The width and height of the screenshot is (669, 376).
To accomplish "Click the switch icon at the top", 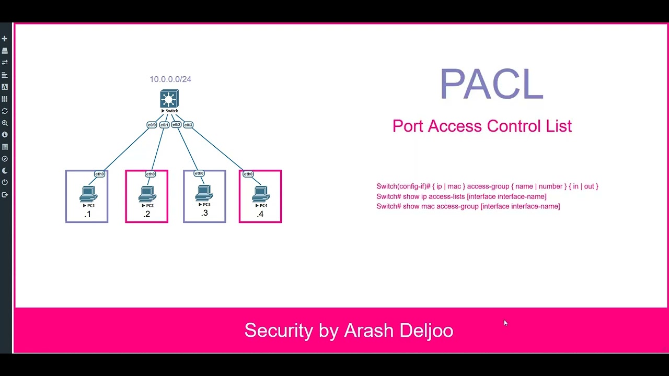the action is pos(169,99).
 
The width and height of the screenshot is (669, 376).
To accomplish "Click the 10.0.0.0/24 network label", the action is pos(170,79).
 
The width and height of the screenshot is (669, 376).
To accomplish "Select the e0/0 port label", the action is pos(152,125).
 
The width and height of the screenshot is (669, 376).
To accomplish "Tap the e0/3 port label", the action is pos(188,125).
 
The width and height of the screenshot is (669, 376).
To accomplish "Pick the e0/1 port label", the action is pos(164,125).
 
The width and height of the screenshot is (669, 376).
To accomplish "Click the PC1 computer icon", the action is pos(88,195).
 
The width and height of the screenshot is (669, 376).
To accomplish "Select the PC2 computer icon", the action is pos(147,195).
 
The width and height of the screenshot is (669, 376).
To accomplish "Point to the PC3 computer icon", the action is pos(204,194).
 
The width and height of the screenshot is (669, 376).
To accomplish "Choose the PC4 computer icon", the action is pos(261,195).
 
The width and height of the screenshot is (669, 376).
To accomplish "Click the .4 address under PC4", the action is pos(260,214).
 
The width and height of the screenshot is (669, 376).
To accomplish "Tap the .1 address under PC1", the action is pos(87,214).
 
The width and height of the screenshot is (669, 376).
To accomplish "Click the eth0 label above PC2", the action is pos(150,174).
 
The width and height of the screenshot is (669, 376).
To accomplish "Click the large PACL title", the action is pos(491,84).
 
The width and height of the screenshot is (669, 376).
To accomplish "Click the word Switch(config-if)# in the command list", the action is pos(403,186).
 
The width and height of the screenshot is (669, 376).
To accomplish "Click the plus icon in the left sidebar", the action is pos(5,39).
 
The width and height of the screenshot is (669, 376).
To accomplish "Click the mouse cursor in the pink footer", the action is pos(505,323).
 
